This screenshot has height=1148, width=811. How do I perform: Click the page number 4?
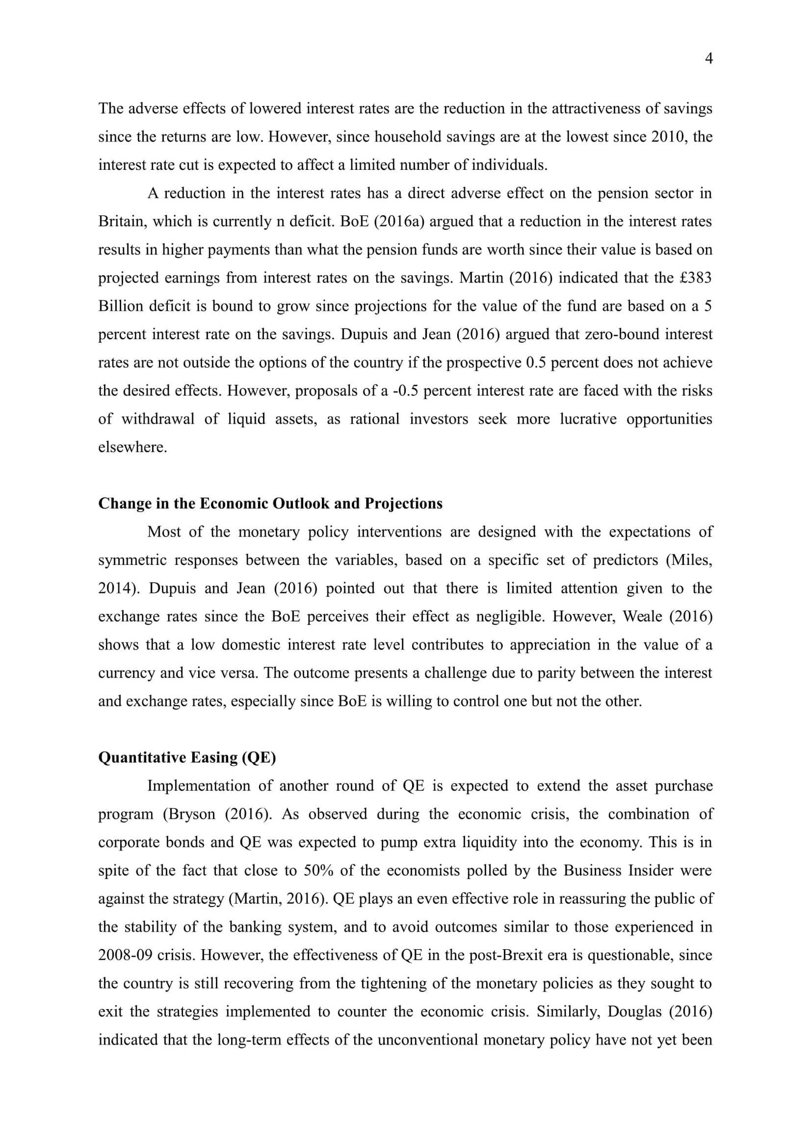709,59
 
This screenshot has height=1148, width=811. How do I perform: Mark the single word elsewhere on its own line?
132,447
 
